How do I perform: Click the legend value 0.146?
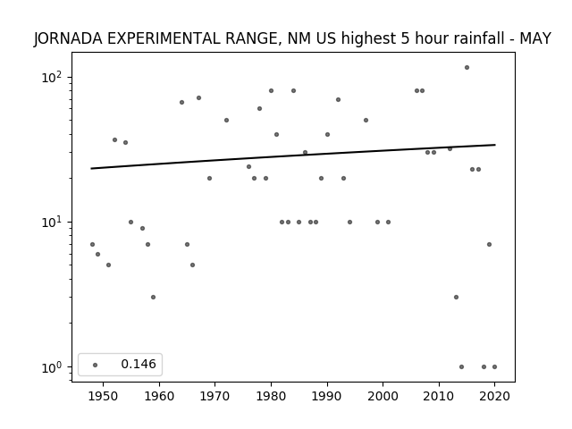coord(139,364)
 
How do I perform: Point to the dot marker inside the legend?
coord(96,365)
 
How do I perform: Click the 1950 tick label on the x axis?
coord(104,396)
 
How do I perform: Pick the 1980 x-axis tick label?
coord(271,396)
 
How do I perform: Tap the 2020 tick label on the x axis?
coord(494,396)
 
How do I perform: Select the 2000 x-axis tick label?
coord(383,396)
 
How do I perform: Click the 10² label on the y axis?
coord(51,77)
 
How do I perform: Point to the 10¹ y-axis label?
coord(51,222)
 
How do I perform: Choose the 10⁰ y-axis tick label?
coord(51,367)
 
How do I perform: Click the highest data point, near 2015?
coord(467,68)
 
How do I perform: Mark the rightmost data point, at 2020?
coord(494,367)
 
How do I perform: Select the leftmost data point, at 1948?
coord(92,244)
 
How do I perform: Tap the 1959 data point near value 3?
coord(153,298)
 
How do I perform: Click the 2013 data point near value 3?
coord(456,298)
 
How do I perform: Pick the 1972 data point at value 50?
coord(226,121)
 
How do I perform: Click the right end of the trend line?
coord(495,145)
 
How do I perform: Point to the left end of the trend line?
coord(91,169)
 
